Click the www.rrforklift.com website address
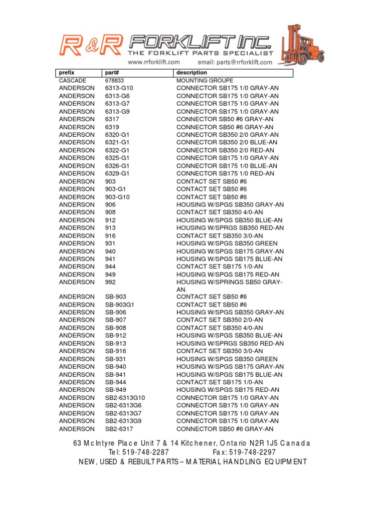[x=154, y=62]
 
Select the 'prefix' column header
[x=67, y=73]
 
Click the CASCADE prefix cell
[x=73, y=80]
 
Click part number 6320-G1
[x=117, y=135]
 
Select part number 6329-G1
[x=117, y=173]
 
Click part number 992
[x=110, y=282]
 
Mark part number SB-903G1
[x=120, y=305]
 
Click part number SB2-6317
[x=119, y=429]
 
